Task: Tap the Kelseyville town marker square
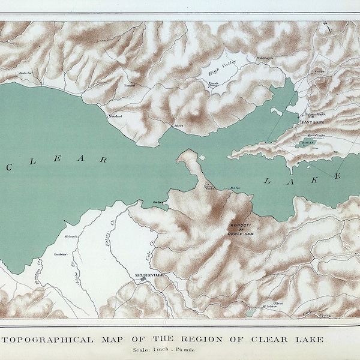[x=143, y=278]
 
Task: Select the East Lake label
[x=313, y=122]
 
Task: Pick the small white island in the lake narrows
[x=203, y=158]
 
